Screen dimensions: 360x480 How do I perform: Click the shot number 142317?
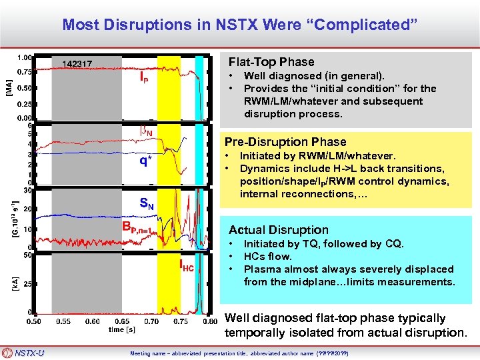pyautogui.click(x=77, y=64)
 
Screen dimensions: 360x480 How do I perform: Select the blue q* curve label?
pyautogui.click(x=145, y=160)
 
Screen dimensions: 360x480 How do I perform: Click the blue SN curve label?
pyautogui.click(x=147, y=205)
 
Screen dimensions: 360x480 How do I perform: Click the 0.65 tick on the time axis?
pyautogui.click(x=121, y=321)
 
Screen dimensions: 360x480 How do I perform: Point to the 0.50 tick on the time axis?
pyautogui.click(x=33, y=321)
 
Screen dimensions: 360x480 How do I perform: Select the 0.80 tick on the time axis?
pyautogui.click(x=211, y=321)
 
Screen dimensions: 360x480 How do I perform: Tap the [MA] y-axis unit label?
pyautogui.click(x=9, y=85)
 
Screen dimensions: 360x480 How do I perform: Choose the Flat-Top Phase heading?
pyautogui.click(x=271, y=62)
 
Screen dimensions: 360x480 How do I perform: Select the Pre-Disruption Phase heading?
pyautogui.click(x=285, y=141)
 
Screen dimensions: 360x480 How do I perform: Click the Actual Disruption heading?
pyautogui.click(x=279, y=230)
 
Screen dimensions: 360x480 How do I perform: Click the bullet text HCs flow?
pyautogui.click(x=268, y=257)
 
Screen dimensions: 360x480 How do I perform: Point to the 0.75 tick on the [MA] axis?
pyautogui.click(x=25, y=71)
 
